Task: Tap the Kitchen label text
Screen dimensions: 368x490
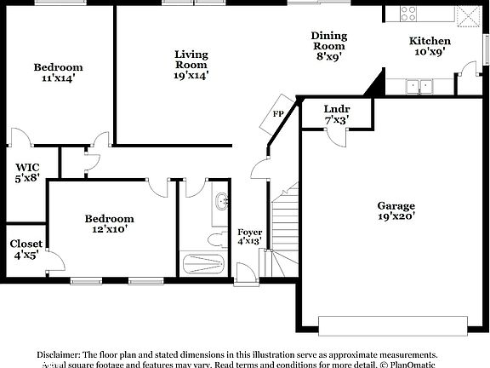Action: (x=430, y=47)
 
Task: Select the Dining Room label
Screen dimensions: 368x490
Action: (x=328, y=46)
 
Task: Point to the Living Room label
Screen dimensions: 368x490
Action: (x=191, y=64)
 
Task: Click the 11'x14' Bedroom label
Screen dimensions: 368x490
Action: (x=58, y=73)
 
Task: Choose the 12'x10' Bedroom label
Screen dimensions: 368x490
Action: (x=110, y=224)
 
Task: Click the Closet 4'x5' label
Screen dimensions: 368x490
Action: (x=26, y=250)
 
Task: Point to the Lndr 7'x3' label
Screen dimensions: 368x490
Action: (x=336, y=114)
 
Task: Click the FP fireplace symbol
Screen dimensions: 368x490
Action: (x=278, y=116)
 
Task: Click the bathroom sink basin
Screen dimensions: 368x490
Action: (x=220, y=202)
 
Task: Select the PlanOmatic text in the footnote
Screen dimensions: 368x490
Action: (x=413, y=364)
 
